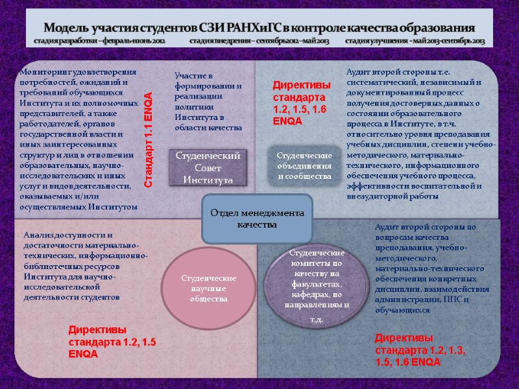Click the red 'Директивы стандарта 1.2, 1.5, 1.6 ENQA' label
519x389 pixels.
tap(301, 103)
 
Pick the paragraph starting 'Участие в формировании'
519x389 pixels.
tap(208, 102)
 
